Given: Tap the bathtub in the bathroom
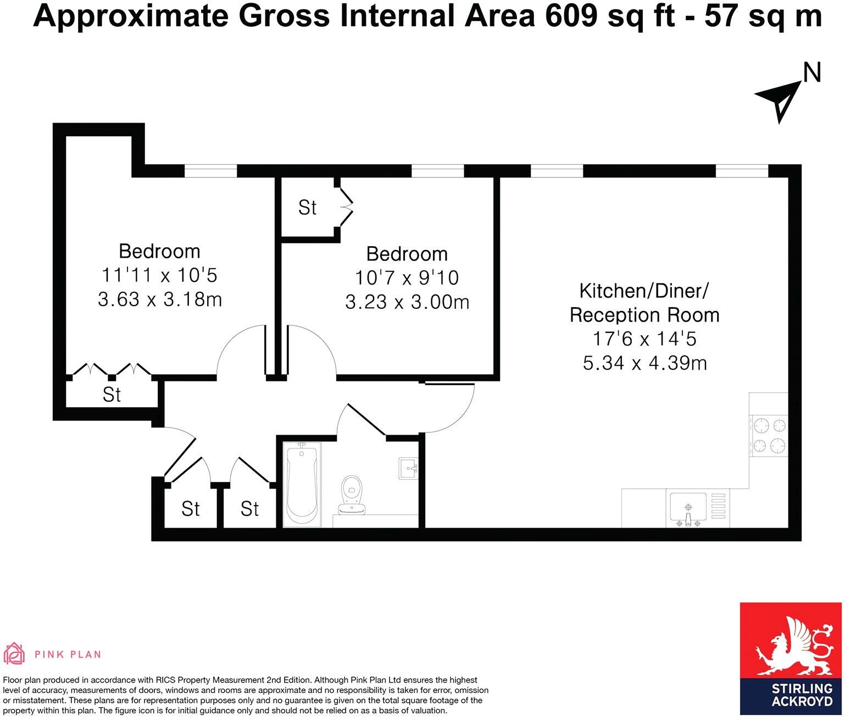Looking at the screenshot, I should pos(301,485).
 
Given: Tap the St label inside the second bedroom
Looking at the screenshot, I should pos(307,208).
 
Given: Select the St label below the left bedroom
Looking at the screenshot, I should pos(112,395).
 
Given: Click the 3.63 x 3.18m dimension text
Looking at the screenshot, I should pos(160,300).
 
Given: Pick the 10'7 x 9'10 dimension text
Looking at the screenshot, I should pos(407,278).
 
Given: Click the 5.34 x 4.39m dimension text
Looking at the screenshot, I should pos(644,363).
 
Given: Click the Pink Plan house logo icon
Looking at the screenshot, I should pos(15,654).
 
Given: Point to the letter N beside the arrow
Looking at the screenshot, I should pos(812,73).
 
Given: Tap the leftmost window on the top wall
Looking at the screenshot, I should pos(210,171).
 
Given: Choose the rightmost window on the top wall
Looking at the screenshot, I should pos(741,171).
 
